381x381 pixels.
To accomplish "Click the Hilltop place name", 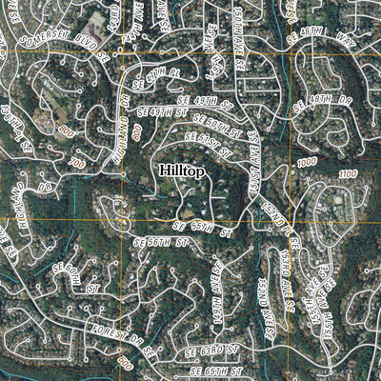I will pyautogui.click(x=180, y=170).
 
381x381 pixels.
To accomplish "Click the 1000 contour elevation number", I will pyautogui.click(x=306, y=163).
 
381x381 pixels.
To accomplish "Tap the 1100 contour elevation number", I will pyautogui.click(x=347, y=173).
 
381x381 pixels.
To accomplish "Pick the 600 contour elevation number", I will pyautogui.click(x=125, y=363).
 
